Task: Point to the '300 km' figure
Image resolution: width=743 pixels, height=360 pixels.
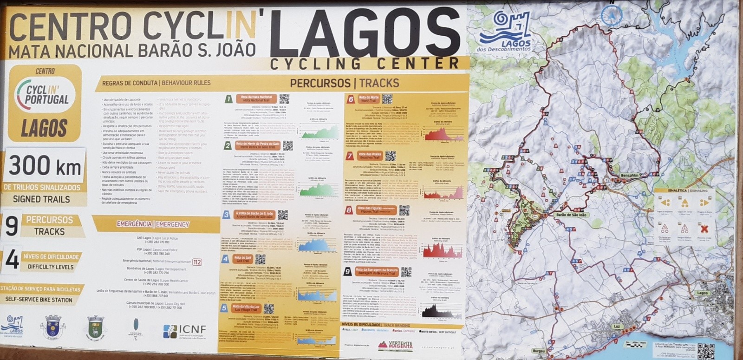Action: pyautogui.click(x=45, y=166)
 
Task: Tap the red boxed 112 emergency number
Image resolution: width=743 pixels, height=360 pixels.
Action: pyautogui.click(x=197, y=262)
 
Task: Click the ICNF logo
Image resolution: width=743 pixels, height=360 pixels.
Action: pyautogui.click(x=184, y=331)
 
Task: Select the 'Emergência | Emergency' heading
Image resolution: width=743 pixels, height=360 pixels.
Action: pyautogui.click(x=153, y=224)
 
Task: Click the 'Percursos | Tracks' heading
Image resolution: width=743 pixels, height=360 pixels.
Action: pyautogui.click(x=344, y=83)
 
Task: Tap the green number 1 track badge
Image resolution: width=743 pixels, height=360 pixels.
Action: pyautogui.click(x=228, y=99)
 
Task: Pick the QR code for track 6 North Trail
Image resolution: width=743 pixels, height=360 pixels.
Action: pyautogui.click(x=387, y=98)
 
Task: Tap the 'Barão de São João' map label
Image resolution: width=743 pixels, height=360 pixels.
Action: pyautogui.click(x=571, y=215)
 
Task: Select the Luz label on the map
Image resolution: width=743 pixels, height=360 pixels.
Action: pyautogui.click(x=617, y=327)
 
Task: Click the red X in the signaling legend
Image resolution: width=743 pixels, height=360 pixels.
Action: pyautogui.click(x=704, y=228)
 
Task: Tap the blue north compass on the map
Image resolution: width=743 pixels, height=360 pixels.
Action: pyautogui.click(x=612, y=15)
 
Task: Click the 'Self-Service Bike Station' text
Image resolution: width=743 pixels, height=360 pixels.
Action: pyautogui.click(x=39, y=300)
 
